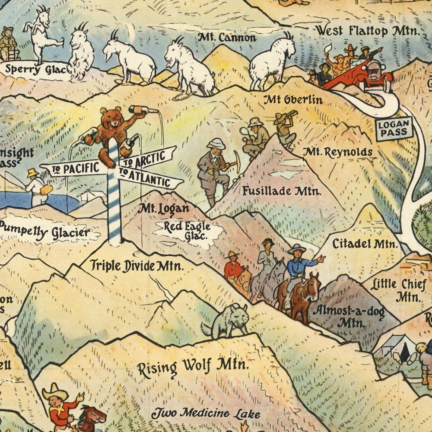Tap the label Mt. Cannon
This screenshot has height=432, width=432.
tap(227, 38)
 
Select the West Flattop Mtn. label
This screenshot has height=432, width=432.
tap(367, 31)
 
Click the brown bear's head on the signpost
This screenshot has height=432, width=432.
tap(111, 118)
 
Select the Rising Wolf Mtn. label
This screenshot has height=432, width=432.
tap(193, 367)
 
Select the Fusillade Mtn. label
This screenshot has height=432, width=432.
tap(281, 191)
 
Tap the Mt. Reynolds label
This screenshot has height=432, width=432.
tap(337, 152)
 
